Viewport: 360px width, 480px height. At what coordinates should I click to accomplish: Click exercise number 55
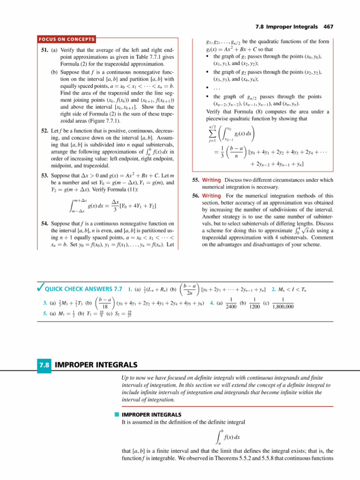point(196,180)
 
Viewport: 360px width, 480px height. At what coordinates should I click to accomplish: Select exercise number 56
point(196,195)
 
